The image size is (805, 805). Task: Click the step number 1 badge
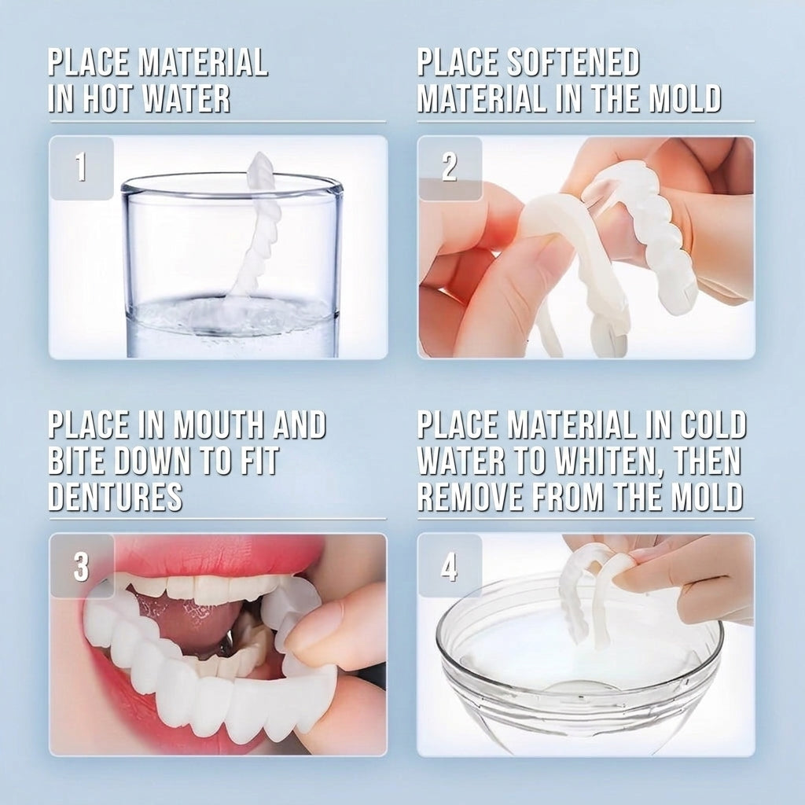(82, 168)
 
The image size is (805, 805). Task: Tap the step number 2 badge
(450, 168)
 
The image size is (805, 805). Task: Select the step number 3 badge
(82, 566)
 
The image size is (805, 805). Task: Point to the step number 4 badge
(450, 566)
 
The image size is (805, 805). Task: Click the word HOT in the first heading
(106, 98)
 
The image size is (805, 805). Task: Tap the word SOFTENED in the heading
(573, 62)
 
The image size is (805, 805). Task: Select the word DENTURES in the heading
(116, 497)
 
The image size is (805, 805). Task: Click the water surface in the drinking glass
(232, 311)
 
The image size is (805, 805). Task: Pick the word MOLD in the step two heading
(686, 98)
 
